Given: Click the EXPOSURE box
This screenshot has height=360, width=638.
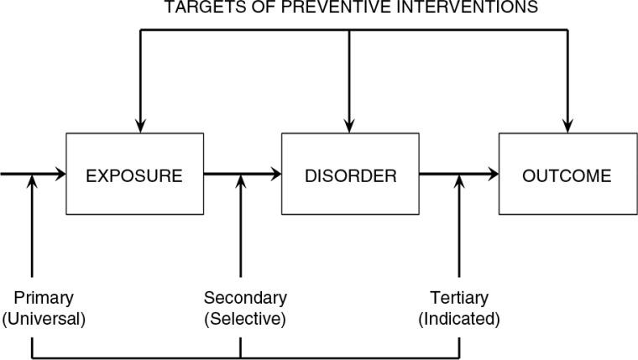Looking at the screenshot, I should [x=134, y=176].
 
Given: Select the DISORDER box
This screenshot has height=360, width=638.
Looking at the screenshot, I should [x=350, y=176].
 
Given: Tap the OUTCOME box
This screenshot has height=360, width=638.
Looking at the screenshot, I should [x=567, y=176].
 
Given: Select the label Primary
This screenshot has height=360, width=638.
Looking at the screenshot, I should [x=44, y=298].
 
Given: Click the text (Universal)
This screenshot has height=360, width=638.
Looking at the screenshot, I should [x=44, y=319].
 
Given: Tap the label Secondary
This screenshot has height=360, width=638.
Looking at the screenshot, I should [x=245, y=298].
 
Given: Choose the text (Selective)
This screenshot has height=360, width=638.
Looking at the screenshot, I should [x=245, y=319].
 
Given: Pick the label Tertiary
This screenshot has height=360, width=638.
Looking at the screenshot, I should [x=458, y=298].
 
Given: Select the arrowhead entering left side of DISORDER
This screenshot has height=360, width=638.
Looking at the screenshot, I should [x=275, y=175].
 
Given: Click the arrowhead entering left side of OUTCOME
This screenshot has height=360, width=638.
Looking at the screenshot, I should [x=494, y=175].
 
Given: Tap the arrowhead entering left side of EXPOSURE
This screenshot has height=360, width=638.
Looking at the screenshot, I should [x=60, y=175].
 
